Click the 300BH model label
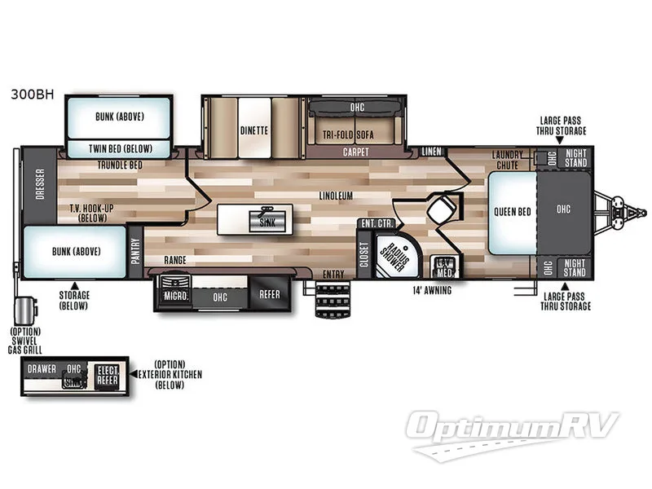point(31,94)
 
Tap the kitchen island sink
point(262,221)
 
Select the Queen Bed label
point(513,211)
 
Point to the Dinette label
point(254,130)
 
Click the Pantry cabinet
point(135,247)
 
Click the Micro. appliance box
point(176,297)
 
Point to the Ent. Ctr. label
point(373,224)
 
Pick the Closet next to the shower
point(364,254)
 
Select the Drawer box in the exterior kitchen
point(42,369)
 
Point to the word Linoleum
point(335,196)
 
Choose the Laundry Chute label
point(513,160)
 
